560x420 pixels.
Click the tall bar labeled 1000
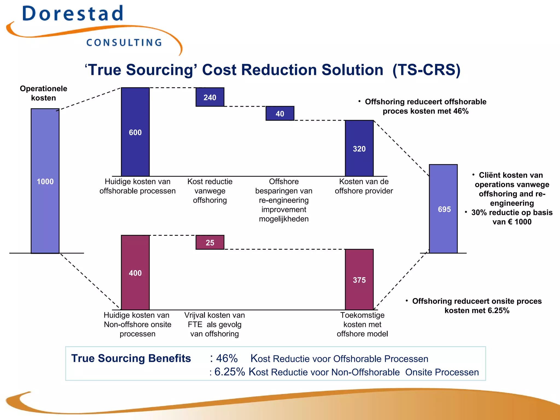(x=45, y=181)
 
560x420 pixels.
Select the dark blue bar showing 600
(x=135, y=132)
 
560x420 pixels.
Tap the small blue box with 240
(x=210, y=97)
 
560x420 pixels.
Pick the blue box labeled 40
(x=280, y=113)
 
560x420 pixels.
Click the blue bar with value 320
(x=359, y=148)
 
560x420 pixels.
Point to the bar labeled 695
(x=443, y=209)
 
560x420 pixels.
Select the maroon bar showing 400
(x=135, y=273)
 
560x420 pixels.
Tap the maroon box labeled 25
(x=210, y=242)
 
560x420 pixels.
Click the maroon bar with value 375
(x=359, y=280)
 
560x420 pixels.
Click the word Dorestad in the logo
(x=73, y=14)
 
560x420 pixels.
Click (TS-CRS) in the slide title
(x=427, y=70)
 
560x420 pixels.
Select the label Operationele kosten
(x=43, y=93)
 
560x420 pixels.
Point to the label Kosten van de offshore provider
(x=364, y=186)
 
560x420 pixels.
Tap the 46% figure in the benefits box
(x=226, y=358)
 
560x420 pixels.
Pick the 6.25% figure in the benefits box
(x=229, y=372)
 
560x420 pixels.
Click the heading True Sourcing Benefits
(x=131, y=358)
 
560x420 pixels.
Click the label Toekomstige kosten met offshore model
(x=362, y=324)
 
